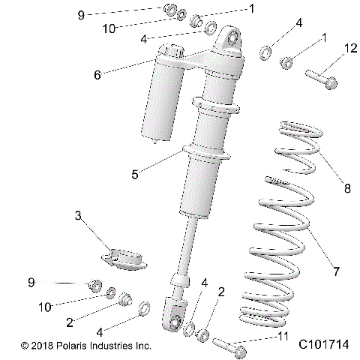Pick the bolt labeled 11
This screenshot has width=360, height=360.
[229, 346]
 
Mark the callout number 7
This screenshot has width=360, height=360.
[325, 268]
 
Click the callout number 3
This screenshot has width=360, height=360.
[77, 216]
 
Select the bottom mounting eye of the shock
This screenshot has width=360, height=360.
[174, 322]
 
